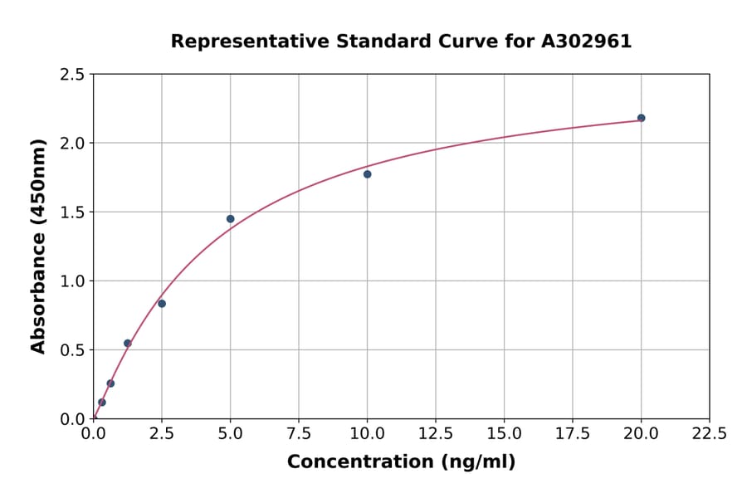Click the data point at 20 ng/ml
coord(641,118)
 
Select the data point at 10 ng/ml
coord(367,174)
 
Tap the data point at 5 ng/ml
coord(230,219)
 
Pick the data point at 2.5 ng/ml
coord(162,304)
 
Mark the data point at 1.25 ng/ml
coord(128,343)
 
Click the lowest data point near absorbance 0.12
coord(102,403)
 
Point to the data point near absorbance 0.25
coord(110,383)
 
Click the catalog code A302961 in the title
coord(586,41)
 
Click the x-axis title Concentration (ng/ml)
coord(401,462)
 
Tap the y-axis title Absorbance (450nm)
coord(38,246)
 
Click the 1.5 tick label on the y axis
coord(72,212)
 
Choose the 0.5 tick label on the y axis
coord(72,350)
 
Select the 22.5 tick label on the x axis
coord(709,434)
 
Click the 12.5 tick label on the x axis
coord(436,434)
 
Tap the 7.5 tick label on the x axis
coord(299,434)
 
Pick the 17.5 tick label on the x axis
coord(573,434)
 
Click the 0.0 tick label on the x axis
coord(94,434)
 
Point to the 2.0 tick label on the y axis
coord(72,144)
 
